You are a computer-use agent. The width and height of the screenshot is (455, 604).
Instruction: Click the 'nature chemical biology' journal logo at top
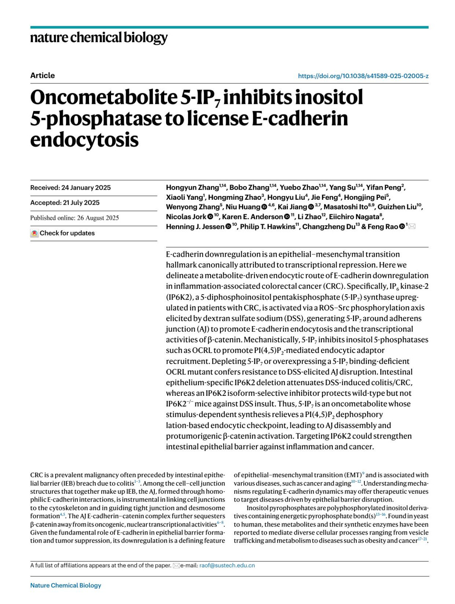click(x=99, y=38)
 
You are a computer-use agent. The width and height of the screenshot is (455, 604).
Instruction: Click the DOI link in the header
click(x=363, y=76)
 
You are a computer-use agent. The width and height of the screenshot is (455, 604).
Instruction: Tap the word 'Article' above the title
click(x=42, y=75)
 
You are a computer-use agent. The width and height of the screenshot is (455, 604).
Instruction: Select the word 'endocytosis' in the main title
click(x=84, y=140)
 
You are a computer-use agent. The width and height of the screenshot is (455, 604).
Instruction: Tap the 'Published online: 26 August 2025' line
click(x=74, y=218)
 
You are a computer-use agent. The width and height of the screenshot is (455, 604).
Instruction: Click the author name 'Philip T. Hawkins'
click(x=267, y=227)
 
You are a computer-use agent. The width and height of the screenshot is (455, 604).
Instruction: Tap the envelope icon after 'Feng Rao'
click(x=412, y=227)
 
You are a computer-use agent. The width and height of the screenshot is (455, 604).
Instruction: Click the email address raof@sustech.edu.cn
click(x=227, y=565)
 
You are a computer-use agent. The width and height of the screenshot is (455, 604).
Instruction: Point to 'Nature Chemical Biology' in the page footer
click(x=66, y=585)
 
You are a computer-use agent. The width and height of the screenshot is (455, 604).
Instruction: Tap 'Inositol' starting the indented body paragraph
click(x=259, y=508)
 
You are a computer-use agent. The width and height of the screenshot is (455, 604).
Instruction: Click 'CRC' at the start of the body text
click(x=36, y=475)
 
